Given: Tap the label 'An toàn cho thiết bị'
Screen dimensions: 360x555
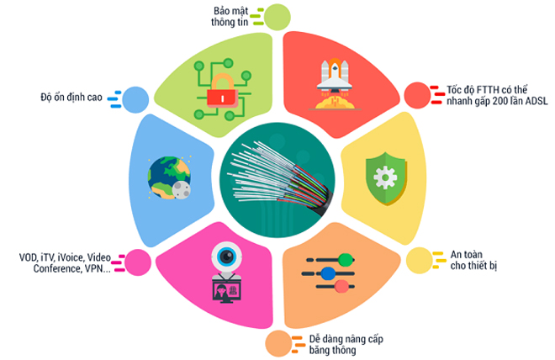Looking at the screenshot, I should point(462,261).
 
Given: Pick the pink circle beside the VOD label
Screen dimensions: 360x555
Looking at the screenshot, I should point(136,262).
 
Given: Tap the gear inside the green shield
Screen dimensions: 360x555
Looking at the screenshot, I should point(386,177).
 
